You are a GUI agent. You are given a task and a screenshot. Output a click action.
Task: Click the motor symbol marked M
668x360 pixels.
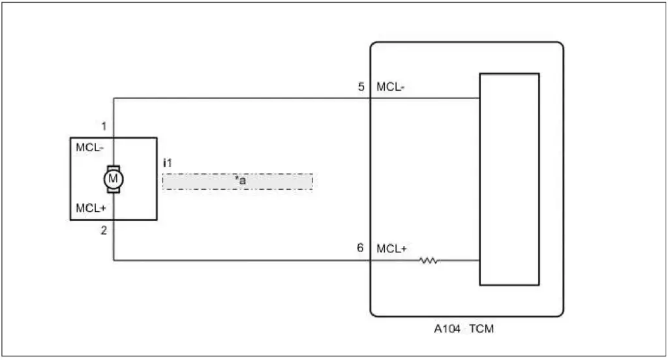coord(114,178)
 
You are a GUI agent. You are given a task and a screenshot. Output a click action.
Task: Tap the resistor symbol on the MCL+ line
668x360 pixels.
coord(429,260)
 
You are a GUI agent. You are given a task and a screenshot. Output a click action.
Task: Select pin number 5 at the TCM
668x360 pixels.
coord(361,87)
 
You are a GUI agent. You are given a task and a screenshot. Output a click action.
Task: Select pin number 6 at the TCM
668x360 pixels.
coord(361,248)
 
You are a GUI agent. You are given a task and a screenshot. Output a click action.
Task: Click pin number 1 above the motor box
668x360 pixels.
coord(104,125)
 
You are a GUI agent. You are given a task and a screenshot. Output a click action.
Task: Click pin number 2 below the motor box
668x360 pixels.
coord(104,230)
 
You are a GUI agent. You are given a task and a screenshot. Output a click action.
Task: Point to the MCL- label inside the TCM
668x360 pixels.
coord(391,87)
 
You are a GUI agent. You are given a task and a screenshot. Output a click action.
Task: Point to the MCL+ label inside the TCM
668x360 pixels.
coord(392,248)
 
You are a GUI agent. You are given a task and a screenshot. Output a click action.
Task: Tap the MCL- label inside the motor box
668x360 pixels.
coord(89,147)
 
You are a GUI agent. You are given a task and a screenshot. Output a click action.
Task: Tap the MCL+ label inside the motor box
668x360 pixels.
coord(90,209)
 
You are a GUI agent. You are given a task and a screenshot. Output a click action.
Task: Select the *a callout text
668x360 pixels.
coord(241,180)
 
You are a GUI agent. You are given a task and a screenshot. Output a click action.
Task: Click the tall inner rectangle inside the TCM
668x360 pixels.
coord(509,179)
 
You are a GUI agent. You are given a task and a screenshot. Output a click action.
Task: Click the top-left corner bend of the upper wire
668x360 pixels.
coord(114,98)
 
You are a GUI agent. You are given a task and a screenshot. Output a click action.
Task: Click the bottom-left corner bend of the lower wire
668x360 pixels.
coord(114,260)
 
